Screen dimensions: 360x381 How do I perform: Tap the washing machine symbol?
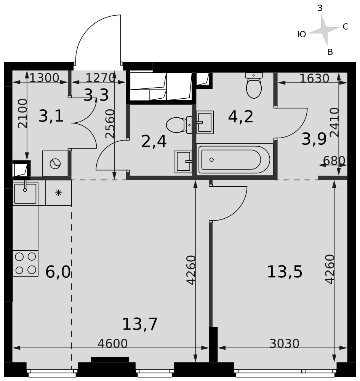pos(55,163)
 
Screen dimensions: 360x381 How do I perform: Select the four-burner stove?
pos(25,263)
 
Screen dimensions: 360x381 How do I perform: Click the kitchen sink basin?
pos(25,194)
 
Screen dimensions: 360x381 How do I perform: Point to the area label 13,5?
pos(285,272)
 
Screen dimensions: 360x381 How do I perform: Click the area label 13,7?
pos(140,324)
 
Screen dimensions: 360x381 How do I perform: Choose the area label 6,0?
pos(58,272)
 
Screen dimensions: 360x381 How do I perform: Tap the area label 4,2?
pos(240,117)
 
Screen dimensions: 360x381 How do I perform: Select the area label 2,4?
pos(154,142)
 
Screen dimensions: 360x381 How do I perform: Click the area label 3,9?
pos(314,139)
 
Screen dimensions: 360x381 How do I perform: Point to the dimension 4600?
pos(112,343)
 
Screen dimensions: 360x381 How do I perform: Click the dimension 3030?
pos(284,343)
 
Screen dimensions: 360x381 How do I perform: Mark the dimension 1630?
pos(314,78)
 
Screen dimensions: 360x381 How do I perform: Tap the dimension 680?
pos(334,160)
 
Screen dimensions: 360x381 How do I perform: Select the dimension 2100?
pos(22,113)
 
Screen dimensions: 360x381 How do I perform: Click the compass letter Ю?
pos(302,35)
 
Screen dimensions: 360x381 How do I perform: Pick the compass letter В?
pos(330,52)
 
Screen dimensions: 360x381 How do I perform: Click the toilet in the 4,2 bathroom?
pos(254,85)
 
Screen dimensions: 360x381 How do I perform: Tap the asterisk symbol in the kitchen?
pos(59,193)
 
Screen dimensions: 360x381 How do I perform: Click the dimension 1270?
pos(100,78)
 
